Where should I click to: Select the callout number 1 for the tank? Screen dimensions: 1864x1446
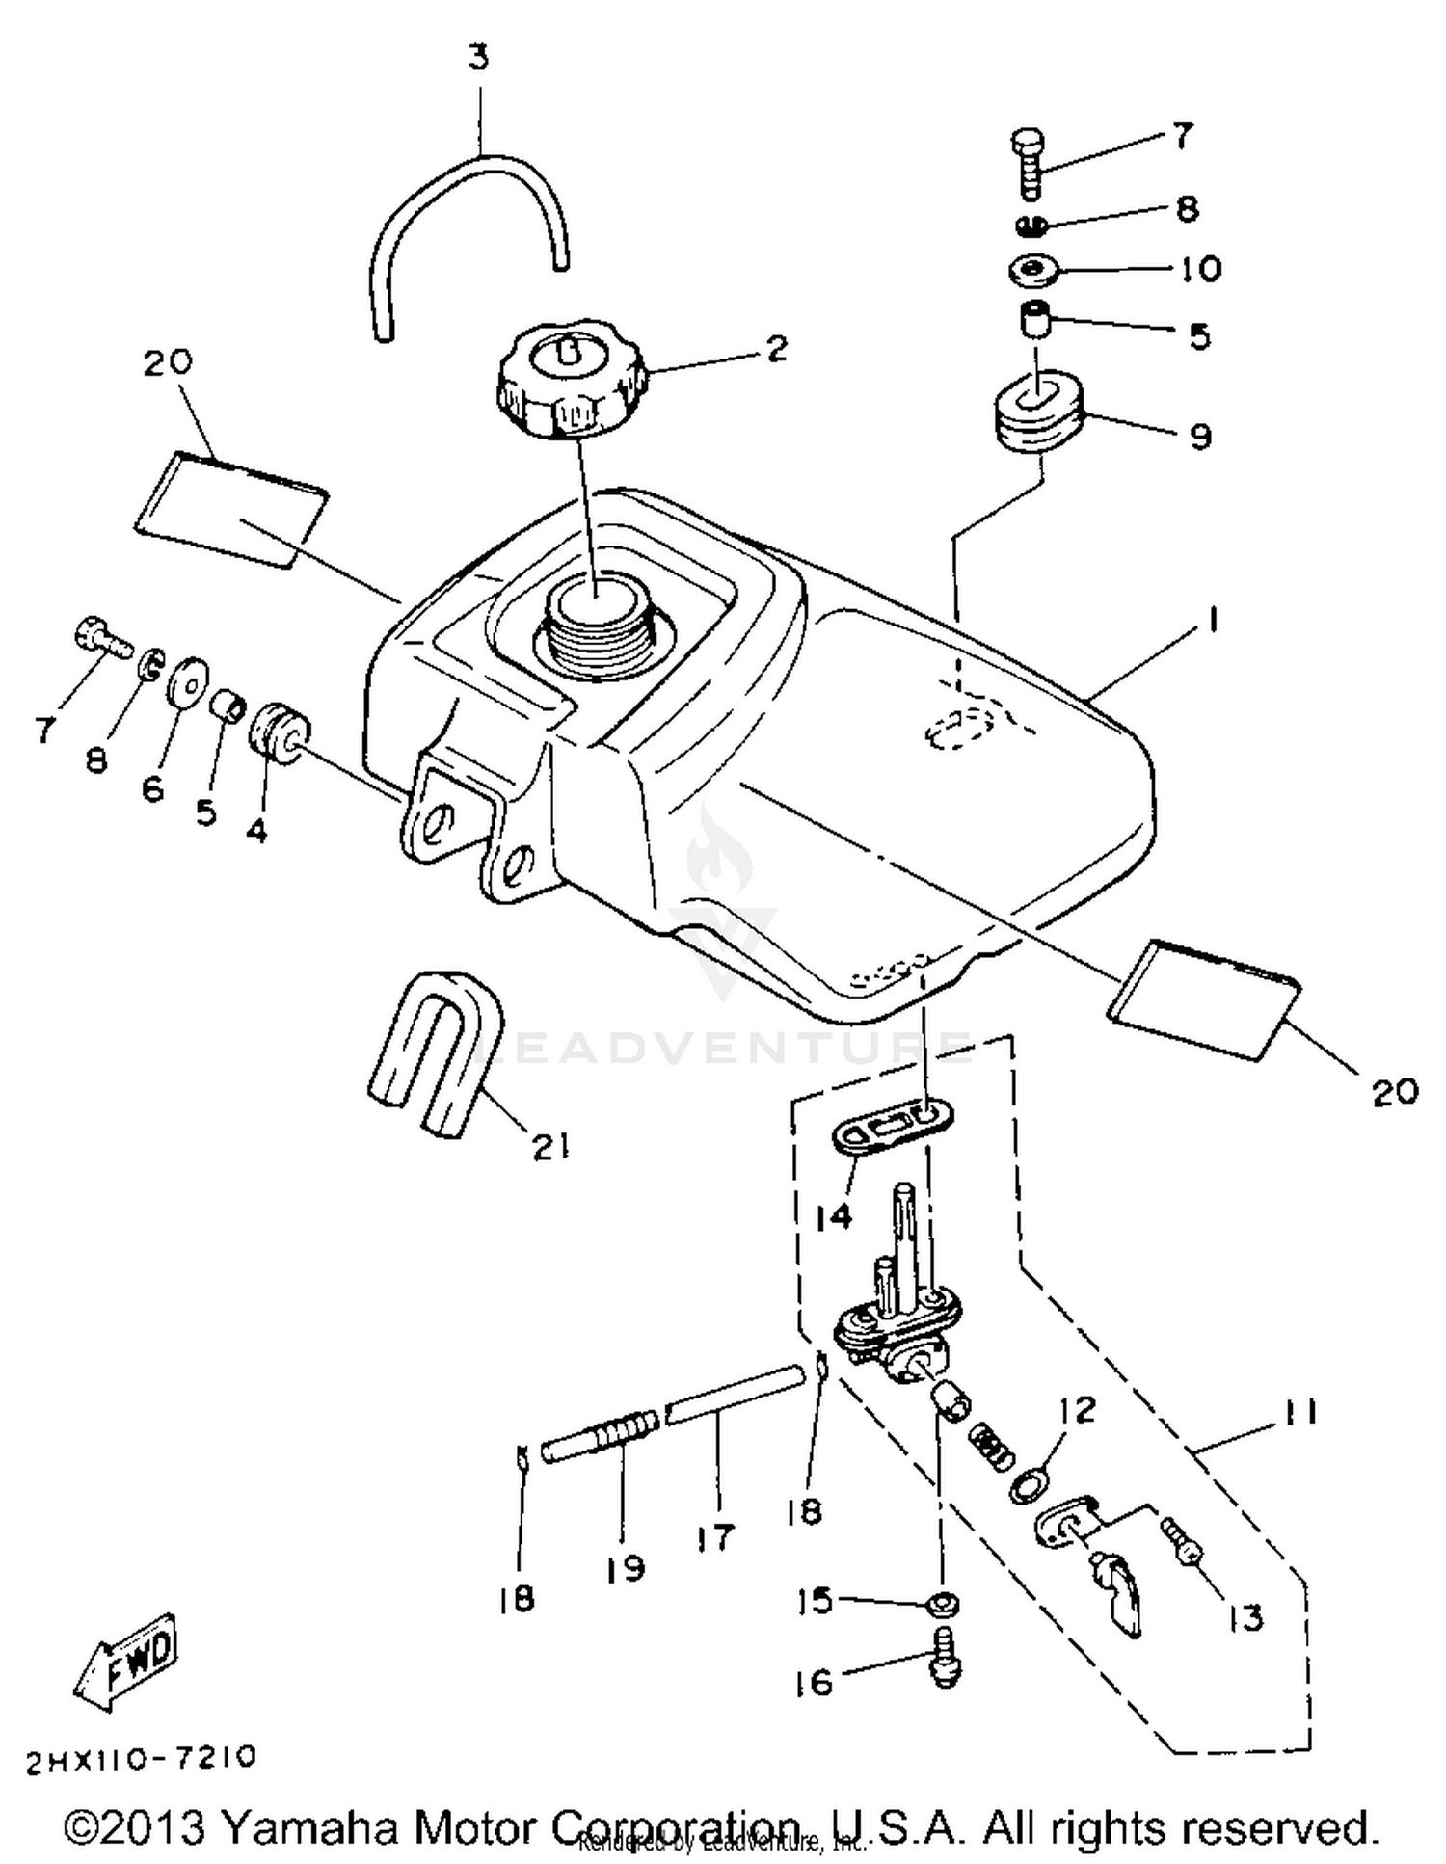pyautogui.click(x=1212, y=620)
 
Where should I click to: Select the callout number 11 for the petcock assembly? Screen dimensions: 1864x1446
pyautogui.click(x=1299, y=1412)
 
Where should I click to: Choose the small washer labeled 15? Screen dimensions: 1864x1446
pyautogui.click(x=942, y=1605)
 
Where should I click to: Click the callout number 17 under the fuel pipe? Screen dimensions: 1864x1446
pyautogui.click(x=715, y=1536)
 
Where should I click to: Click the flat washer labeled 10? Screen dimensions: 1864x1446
pyautogui.click(x=1035, y=270)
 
